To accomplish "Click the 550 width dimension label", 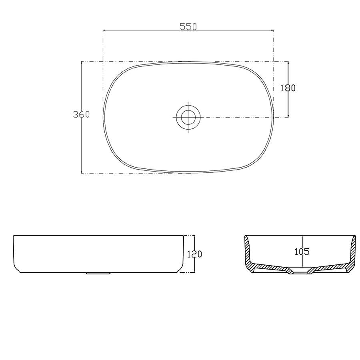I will click(188, 26).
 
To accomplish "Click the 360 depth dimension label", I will click(81, 114).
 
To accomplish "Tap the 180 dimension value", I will click(288, 88).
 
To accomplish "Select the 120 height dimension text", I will click(194, 254).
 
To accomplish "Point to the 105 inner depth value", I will click(302, 252).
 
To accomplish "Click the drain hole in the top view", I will click(188, 117).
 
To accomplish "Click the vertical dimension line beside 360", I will click(82, 140).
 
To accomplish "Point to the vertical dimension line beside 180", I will click(288, 104).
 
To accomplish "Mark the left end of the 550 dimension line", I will click(104, 30).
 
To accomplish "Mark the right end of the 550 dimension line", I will click(274, 30).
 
